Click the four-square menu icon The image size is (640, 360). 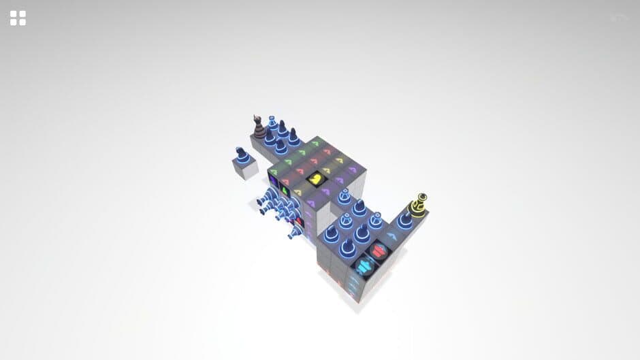click(x=18, y=18)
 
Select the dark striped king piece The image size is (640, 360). click(x=259, y=127)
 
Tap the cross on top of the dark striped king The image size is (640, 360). click(x=257, y=117)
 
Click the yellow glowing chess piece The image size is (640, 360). click(x=419, y=206)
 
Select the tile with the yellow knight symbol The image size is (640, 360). click(x=317, y=179)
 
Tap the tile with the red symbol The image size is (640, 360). click(x=379, y=251)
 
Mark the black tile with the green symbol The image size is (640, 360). click(x=287, y=189)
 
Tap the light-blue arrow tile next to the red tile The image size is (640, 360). click(x=394, y=236)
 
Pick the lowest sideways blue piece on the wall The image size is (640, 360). click(x=294, y=233)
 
